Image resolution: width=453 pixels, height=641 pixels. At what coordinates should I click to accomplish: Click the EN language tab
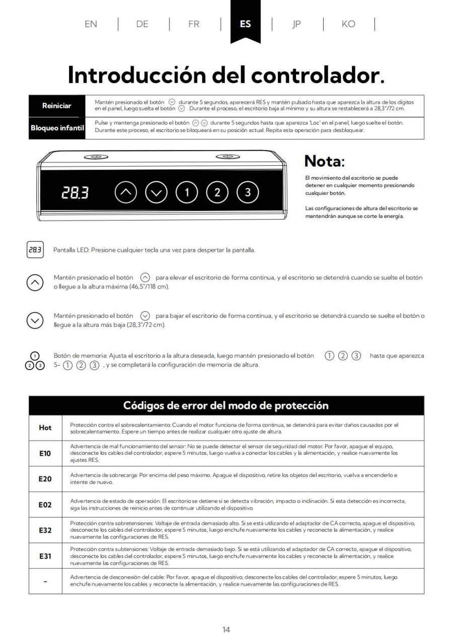91,24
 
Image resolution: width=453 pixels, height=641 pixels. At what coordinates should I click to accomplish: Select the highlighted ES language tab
245,24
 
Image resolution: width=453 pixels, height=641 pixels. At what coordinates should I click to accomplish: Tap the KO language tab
348,24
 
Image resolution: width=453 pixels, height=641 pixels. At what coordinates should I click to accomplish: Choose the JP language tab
296,24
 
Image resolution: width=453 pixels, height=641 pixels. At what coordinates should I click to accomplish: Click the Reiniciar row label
56,106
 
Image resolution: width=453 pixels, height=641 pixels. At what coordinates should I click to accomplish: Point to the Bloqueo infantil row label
57,128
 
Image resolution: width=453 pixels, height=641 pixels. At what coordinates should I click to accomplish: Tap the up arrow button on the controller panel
126,192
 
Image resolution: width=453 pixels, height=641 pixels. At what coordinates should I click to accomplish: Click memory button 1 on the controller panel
187,192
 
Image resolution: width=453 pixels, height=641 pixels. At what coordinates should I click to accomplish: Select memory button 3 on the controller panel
248,192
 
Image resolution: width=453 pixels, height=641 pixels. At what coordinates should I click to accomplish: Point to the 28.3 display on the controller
75,192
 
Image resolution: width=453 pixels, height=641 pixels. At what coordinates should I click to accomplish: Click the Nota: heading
325,162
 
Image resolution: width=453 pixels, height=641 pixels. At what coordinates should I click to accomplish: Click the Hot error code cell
45,428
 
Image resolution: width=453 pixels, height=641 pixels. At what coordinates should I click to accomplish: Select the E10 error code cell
45,453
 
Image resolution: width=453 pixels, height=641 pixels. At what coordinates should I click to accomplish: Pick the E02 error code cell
45,505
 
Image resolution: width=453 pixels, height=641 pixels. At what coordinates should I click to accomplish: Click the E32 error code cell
45,530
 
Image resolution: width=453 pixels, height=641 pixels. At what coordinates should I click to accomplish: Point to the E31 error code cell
45,556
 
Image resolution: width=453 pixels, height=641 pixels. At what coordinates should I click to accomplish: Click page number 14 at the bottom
226,629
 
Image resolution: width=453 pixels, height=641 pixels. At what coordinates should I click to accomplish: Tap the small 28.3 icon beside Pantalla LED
35,250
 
